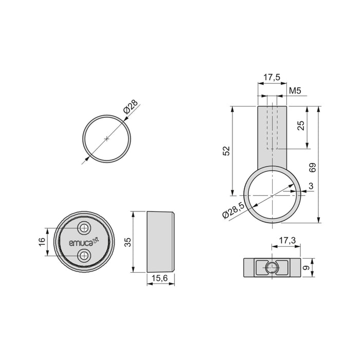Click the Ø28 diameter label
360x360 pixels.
tap(131, 109)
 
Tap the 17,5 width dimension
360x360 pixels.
tap(272, 78)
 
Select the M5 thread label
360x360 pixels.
tap(295, 92)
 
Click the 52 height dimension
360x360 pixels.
tap(226, 150)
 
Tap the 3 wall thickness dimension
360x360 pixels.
tap(312, 185)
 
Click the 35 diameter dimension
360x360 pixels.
tap(127, 242)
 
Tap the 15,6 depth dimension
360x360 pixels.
tap(161, 278)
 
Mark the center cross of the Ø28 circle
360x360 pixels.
tap(106, 138)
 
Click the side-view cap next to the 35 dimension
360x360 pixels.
tap(160, 242)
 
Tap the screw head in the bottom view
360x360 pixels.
tap(272, 267)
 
